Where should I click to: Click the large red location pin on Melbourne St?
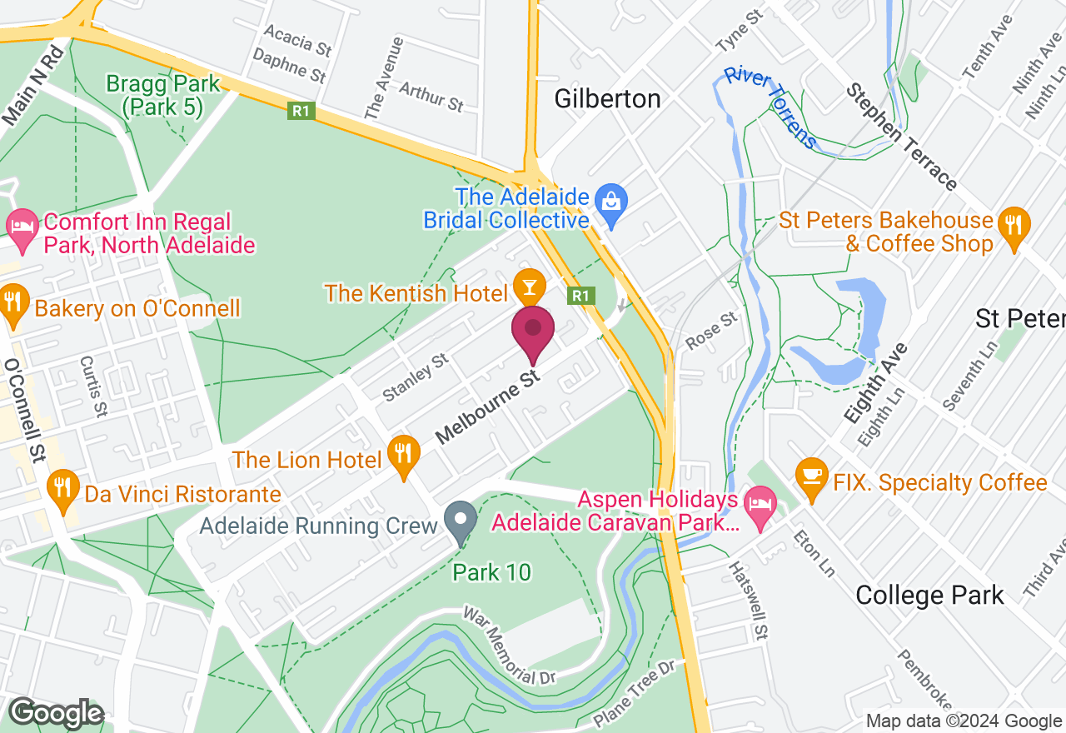tap(533, 330)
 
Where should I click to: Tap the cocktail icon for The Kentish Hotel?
tap(528, 287)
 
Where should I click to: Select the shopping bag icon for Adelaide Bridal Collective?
tap(612, 202)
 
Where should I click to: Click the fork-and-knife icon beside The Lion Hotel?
tap(403, 454)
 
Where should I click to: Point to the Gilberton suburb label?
tap(608, 98)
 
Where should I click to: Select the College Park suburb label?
tap(929, 596)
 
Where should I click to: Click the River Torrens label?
tap(770, 107)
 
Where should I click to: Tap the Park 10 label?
tap(492, 573)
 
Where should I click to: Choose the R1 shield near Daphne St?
tap(301, 110)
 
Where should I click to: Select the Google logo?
tap(56, 714)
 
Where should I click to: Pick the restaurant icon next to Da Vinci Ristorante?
tap(62, 485)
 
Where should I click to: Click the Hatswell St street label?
tap(748, 601)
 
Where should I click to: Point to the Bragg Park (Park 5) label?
tap(163, 94)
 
